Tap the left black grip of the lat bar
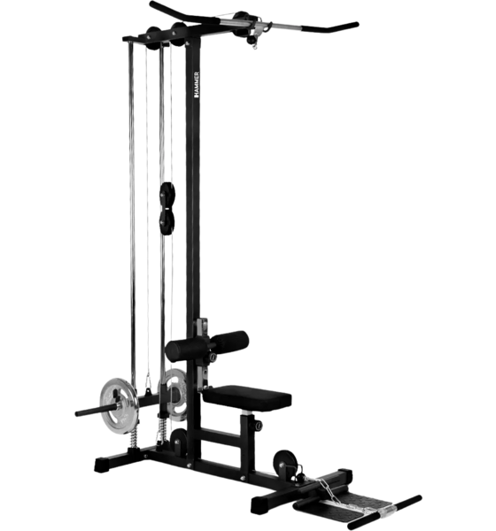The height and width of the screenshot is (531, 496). click(x=168, y=10)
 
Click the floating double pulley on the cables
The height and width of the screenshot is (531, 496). click(x=166, y=205)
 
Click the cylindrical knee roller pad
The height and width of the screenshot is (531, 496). click(x=218, y=341)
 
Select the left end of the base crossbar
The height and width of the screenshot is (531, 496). click(x=92, y=463)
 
